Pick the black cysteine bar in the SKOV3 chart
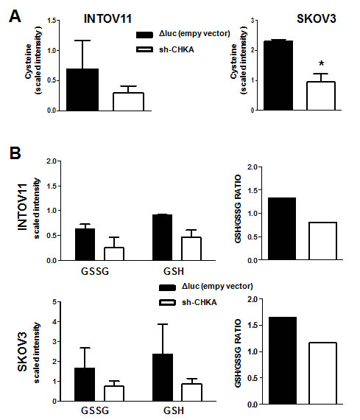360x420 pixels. coord(283,75)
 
